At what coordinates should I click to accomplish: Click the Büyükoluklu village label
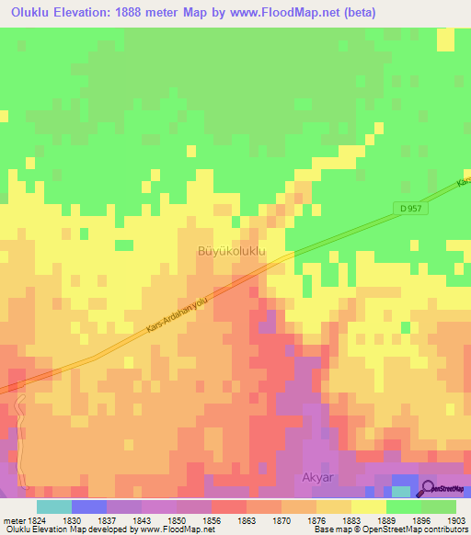232,250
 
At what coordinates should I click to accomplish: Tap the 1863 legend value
247,520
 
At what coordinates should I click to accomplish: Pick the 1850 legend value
177,520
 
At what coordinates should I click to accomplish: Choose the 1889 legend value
386,520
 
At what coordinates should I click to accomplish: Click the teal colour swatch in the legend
53,507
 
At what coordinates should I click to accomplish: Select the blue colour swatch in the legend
88,507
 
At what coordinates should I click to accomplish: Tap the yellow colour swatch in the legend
368,507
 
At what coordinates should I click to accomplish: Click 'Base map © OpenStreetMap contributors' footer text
390,529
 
